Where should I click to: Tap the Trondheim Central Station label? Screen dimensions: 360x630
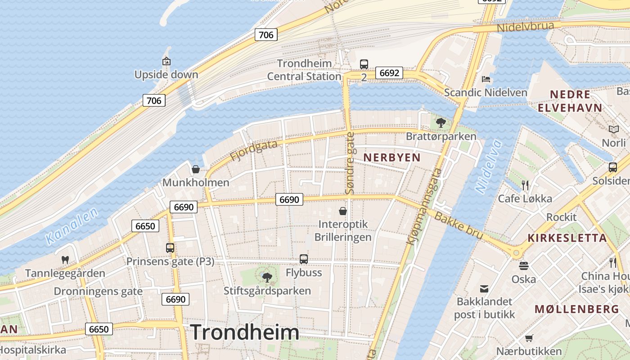click(305, 70)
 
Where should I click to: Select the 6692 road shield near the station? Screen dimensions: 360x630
click(389, 73)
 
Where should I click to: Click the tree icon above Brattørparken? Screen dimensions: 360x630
click(441, 122)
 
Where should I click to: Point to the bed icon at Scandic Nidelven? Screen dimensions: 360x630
click(486, 79)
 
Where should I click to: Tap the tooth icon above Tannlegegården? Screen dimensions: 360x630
click(65, 260)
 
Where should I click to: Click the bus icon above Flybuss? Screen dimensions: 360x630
click(304, 259)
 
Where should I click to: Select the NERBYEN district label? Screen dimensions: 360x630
click(392, 157)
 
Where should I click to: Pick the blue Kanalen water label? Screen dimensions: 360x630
click(72, 227)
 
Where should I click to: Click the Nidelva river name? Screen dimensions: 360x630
click(489, 167)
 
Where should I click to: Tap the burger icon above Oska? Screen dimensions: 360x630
click(523, 265)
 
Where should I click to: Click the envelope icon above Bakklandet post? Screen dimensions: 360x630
click(484, 288)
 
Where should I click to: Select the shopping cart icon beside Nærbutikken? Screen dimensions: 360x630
click(529, 338)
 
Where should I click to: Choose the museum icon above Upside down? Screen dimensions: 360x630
click(166, 61)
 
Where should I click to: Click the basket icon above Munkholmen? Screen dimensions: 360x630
click(196, 169)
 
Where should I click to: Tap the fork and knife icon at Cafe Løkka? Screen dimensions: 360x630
click(525, 185)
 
